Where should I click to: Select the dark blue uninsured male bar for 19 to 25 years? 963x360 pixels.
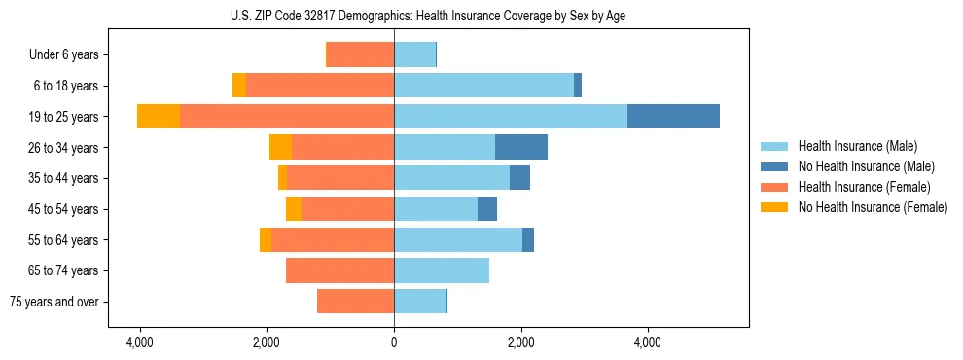(x=673, y=117)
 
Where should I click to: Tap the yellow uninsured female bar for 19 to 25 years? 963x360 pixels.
(x=159, y=117)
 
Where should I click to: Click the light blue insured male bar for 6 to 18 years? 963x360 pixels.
(x=483, y=86)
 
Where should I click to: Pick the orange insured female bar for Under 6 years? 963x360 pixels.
(x=360, y=54)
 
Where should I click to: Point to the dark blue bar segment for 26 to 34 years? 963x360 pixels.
(x=521, y=147)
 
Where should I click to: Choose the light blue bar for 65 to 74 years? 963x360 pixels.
(x=442, y=270)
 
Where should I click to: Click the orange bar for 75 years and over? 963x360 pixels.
(x=355, y=302)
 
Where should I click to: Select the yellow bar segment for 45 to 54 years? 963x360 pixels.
(x=294, y=209)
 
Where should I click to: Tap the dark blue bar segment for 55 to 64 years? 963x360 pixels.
(x=528, y=239)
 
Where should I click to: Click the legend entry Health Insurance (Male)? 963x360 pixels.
(x=857, y=146)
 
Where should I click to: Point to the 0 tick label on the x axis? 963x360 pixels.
(x=394, y=342)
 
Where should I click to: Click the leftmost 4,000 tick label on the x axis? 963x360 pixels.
(x=140, y=342)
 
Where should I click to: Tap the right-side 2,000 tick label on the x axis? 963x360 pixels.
(x=520, y=342)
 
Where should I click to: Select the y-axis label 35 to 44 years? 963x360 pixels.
(x=65, y=178)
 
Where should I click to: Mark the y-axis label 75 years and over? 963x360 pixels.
(x=54, y=302)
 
